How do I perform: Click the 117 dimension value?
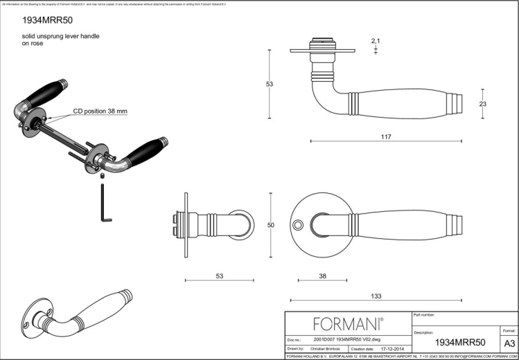click(385, 136)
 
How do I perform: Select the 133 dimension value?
click(376, 296)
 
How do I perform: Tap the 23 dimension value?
click(483, 103)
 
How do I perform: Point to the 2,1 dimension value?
click(376, 42)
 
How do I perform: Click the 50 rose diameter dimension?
click(270, 225)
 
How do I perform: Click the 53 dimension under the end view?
click(219, 276)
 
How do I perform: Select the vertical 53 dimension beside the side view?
click(270, 84)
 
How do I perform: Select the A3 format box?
click(509, 343)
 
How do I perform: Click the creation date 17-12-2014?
click(392, 350)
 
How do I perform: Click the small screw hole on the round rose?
click(299, 225)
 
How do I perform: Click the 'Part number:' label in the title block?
click(423, 315)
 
